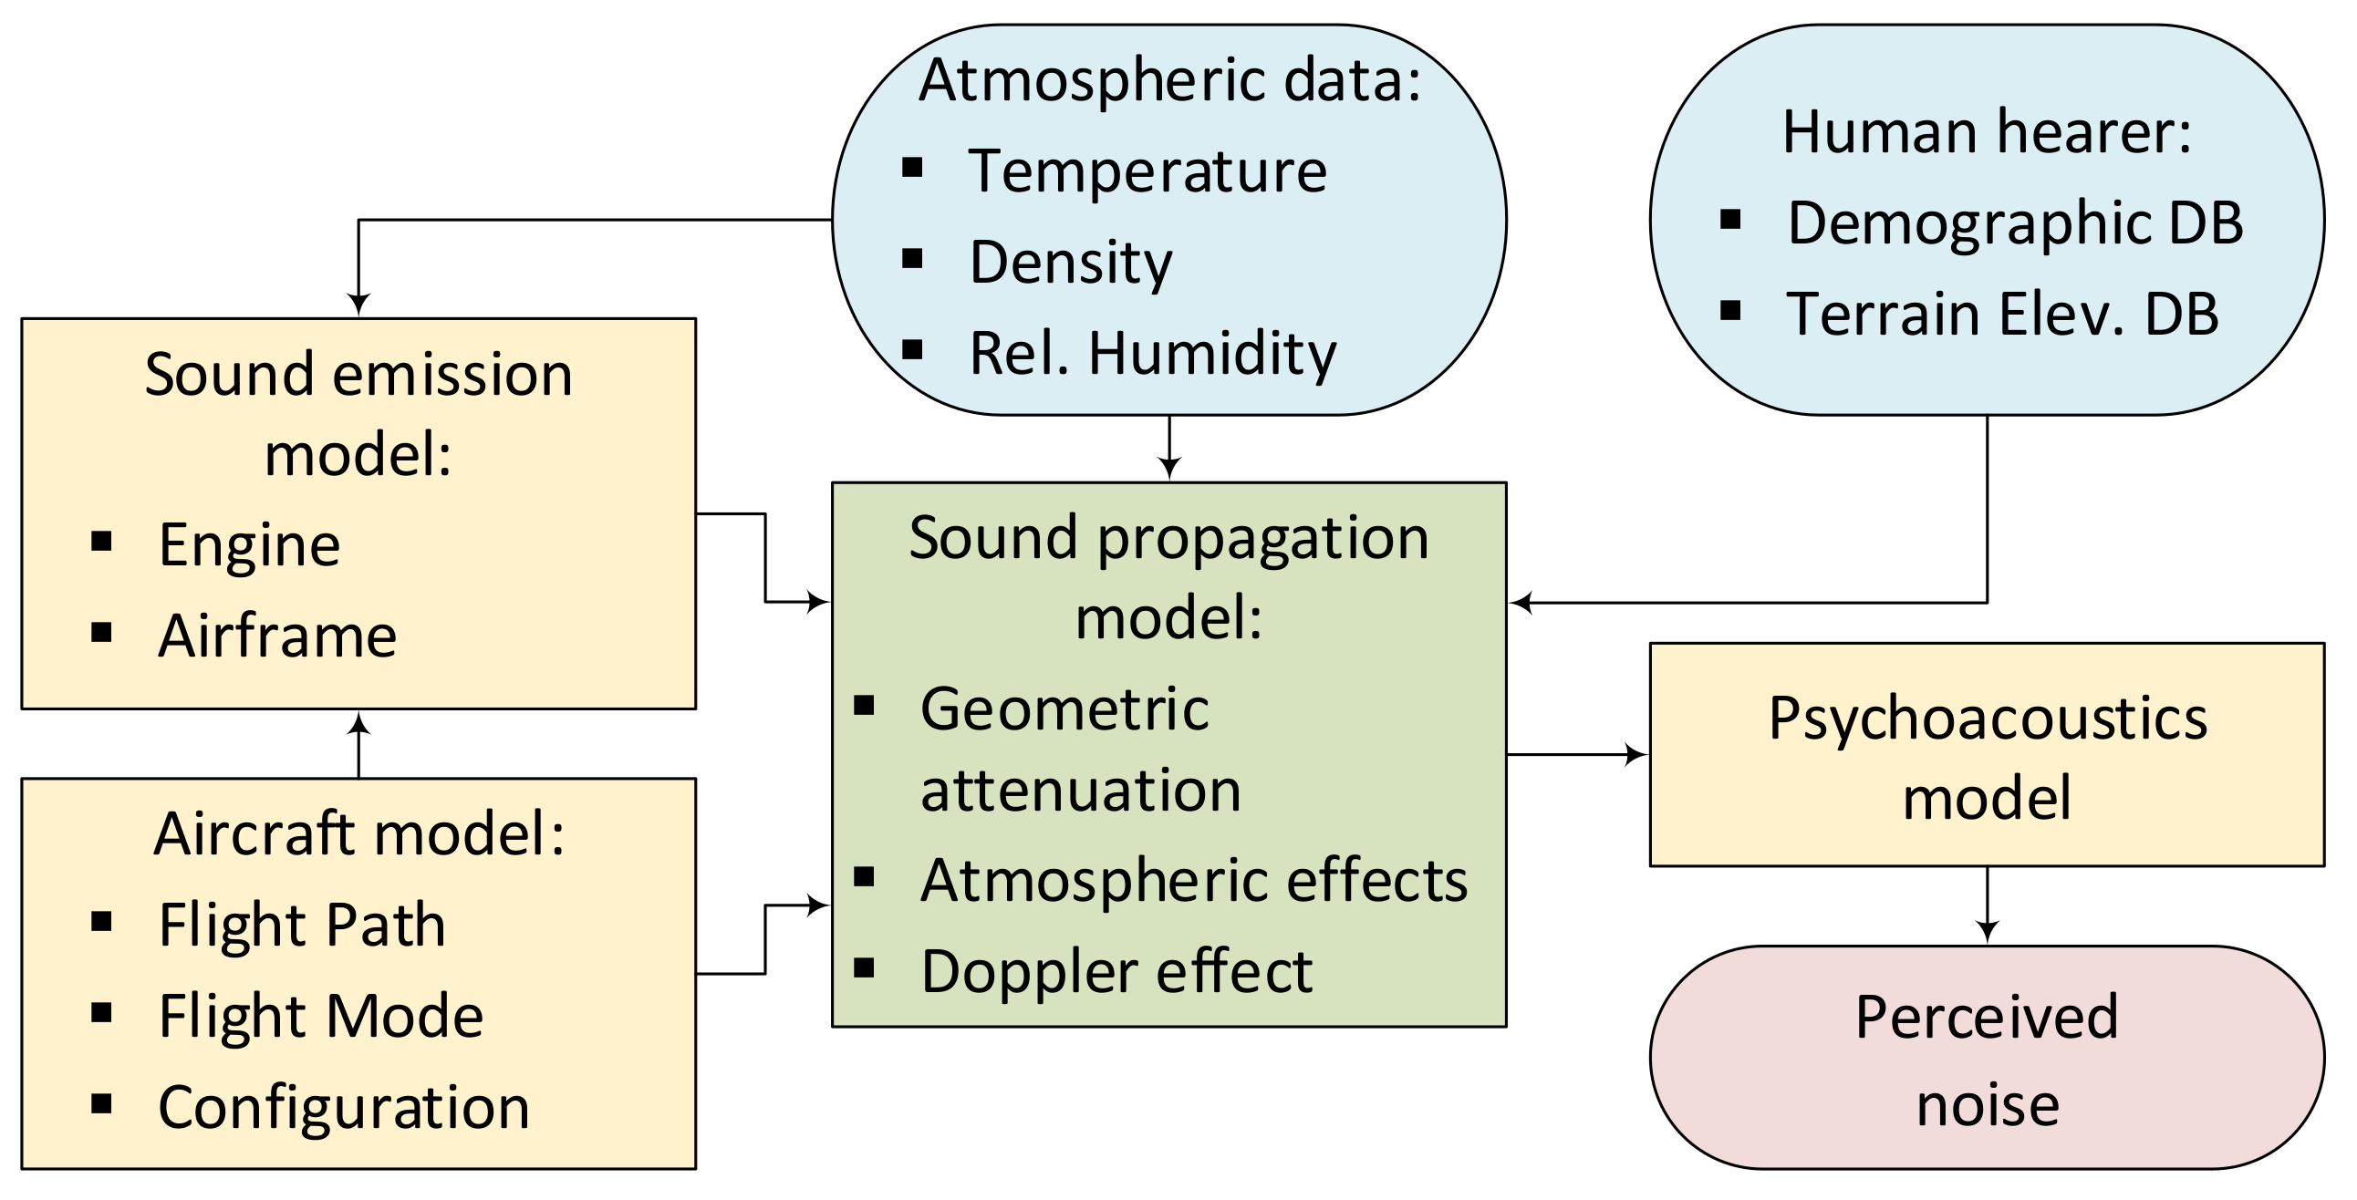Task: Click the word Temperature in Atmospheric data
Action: pyautogui.click(x=1147, y=171)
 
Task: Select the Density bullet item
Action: pyautogui.click(x=1070, y=263)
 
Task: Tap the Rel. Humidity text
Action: pyautogui.click(x=1152, y=353)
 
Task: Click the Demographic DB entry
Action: pyautogui.click(x=2015, y=223)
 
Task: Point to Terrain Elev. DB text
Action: pyautogui.click(x=2002, y=314)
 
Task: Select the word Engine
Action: pyautogui.click(x=249, y=545)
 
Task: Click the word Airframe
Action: pyautogui.click(x=277, y=636)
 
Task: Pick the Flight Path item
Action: pyautogui.click(x=302, y=925)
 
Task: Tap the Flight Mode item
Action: pyautogui.click(x=320, y=1016)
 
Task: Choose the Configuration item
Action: pyautogui.click(x=343, y=1108)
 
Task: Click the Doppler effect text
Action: pyautogui.click(x=1116, y=971)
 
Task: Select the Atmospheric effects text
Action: pyautogui.click(x=1193, y=881)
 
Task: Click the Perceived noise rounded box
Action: pyautogui.click(x=1987, y=1060)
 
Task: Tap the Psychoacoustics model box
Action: pyautogui.click(x=1987, y=757)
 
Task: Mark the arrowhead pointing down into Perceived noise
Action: pyautogui.click(x=1987, y=932)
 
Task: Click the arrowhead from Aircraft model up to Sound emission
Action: pyautogui.click(x=358, y=725)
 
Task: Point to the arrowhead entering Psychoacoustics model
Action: pyautogui.click(x=1635, y=756)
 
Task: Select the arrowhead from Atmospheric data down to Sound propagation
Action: pyautogui.click(x=1169, y=470)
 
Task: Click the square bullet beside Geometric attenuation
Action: pyautogui.click(x=864, y=706)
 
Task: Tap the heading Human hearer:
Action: pyautogui.click(x=1987, y=131)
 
